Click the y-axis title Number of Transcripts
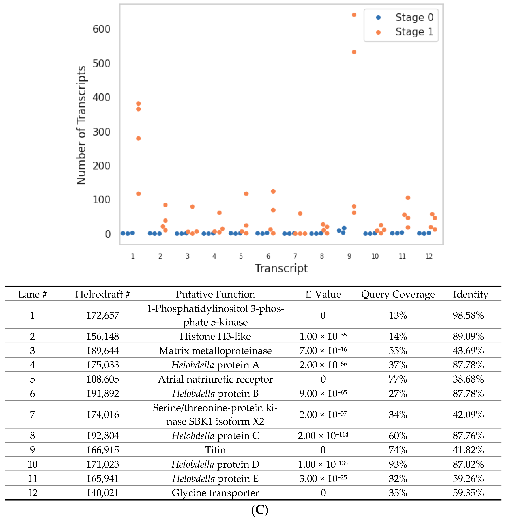pos(81,125)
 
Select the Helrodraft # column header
pos(102,294)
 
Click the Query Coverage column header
pos(398,294)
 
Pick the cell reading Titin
pos(215,450)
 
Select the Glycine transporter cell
pos(215,493)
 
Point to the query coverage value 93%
pos(398,464)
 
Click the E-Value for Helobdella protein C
pos(323,436)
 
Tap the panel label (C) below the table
pos(259,509)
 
